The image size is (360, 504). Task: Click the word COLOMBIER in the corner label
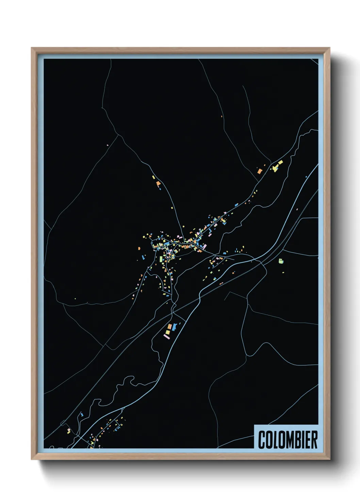(288, 440)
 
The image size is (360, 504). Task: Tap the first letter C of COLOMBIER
(262, 440)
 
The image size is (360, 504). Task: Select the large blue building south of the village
(175, 327)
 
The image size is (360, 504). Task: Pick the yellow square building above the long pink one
(168, 331)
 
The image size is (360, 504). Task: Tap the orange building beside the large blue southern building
(169, 327)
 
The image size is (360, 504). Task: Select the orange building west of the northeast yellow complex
(260, 171)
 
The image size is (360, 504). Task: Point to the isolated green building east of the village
(281, 261)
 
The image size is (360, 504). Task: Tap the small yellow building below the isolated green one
(283, 272)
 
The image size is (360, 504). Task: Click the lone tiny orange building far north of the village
(222, 116)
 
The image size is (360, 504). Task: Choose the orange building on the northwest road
(158, 184)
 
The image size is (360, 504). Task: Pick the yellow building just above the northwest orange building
(154, 177)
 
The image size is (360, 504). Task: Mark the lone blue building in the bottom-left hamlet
(82, 414)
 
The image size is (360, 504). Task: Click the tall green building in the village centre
(161, 259)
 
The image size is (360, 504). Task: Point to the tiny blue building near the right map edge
(306, 176)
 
